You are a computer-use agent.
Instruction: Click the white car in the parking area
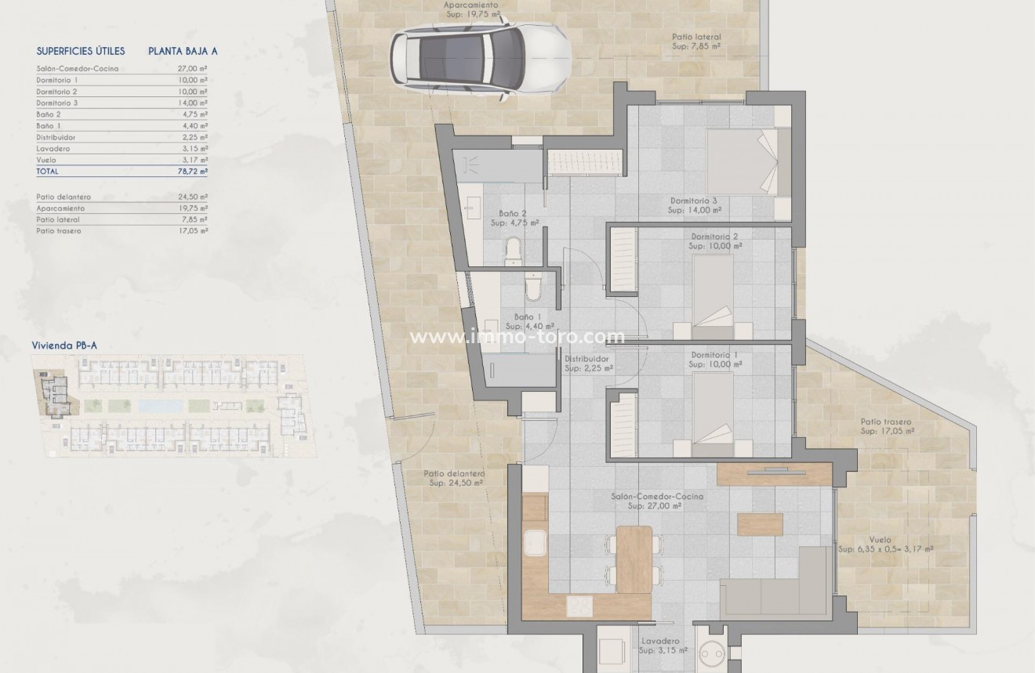point(481,58)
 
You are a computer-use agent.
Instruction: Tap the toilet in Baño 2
point(514,250)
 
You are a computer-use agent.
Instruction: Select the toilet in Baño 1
point(532,288)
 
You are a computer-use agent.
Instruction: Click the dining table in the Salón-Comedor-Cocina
point(634,559)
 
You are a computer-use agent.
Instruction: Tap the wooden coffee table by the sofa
point(760,524)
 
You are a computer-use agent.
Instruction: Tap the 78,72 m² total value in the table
point(192,171)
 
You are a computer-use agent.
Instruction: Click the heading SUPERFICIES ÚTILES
point(81,51)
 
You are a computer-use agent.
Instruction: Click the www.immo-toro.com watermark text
point(517,338)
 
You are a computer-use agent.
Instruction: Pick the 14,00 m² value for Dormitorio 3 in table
point(192,103)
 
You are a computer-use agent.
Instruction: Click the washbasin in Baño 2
point(474,210)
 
